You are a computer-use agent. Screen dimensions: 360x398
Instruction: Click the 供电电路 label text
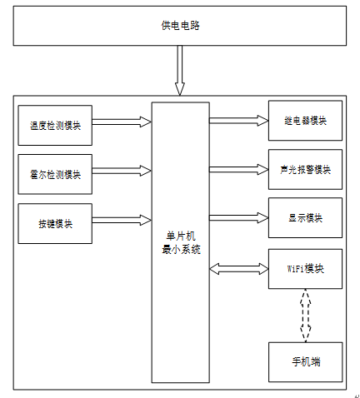tap(180, 26)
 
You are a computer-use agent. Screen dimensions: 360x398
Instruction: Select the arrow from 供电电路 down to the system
tap(180, 71)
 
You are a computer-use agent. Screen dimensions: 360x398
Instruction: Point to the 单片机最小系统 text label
tap(181, 243)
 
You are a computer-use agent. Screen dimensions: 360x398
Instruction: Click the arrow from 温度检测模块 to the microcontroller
tap(122, 122)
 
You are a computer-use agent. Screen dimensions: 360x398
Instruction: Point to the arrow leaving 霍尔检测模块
tap(122, 171)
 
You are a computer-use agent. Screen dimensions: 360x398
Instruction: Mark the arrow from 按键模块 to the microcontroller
tap(122, 220)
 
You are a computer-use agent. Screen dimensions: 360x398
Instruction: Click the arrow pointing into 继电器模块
tap(239, 121)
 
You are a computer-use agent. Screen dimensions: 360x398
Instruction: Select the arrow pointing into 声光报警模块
tap(239, 169)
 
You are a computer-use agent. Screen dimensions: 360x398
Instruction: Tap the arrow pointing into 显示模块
tap(239, 218)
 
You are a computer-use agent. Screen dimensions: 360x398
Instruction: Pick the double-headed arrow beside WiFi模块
tap(239, 269)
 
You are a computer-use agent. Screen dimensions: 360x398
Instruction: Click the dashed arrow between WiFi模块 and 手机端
tap(306, 316)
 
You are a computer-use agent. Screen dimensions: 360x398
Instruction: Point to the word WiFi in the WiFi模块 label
tap(295, 269)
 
